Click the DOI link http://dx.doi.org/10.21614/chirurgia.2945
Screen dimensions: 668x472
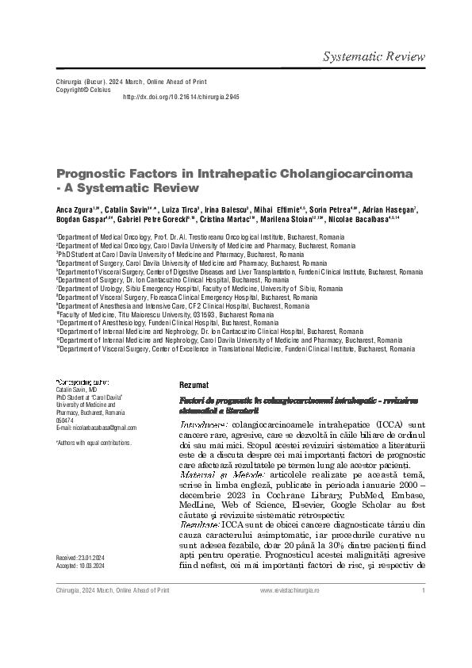point(180,97)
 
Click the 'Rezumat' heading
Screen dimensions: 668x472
point(194,384)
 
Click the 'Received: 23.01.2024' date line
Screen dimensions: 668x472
point(86,559)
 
